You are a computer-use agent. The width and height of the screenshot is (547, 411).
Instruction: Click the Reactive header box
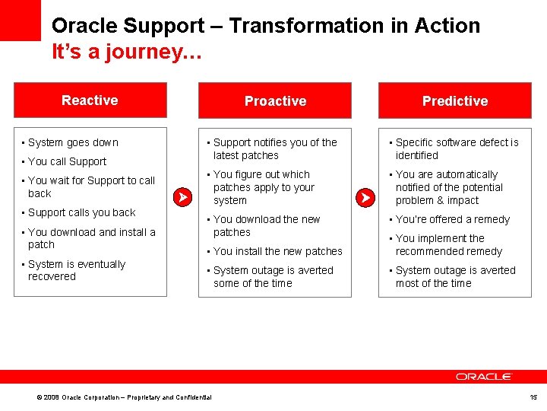click(x=90, y=100)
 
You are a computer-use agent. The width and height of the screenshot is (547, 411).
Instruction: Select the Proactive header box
click(x=275, y=101)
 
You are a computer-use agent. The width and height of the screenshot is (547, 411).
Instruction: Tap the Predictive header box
click(x=454, y=101)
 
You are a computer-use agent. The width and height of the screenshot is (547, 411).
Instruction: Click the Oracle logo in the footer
click(x=484, y=377)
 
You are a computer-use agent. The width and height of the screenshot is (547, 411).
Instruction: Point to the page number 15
click(x=533, y=397)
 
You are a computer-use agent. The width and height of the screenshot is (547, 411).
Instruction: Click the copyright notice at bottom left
click(x=124, y=397)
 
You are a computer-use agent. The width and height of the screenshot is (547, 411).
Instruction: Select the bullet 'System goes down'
click(x=73, y=142)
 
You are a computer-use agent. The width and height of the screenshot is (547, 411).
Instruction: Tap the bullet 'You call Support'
click(x=67, y=161)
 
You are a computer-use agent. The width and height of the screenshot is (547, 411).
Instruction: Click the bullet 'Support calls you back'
click(x=81, y=212)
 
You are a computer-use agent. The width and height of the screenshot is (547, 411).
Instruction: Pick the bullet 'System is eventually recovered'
click(x=76, y=270)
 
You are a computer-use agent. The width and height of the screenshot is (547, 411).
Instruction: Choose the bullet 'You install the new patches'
click(x=277, y=251)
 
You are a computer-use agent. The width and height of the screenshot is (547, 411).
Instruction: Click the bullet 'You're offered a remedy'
click(x=452, y=219)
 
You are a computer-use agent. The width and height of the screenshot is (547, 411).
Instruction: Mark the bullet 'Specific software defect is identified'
click(x=456, y=148)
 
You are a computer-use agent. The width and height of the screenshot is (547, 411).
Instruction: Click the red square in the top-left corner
click(x=20, y=20)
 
